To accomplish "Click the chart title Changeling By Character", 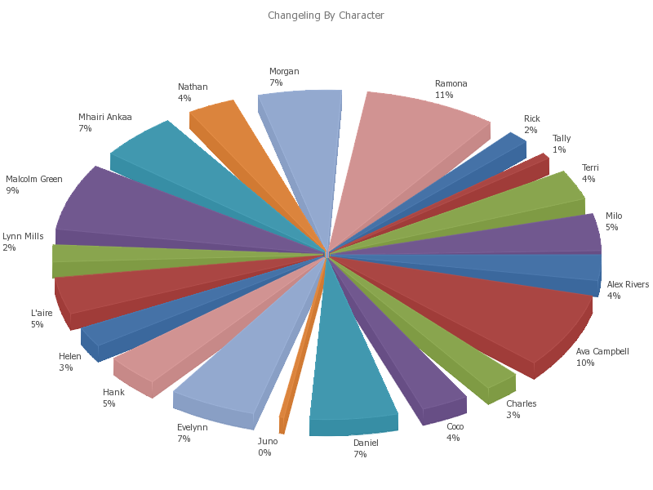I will click(326, 16).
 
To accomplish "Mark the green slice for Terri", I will click(531, 196).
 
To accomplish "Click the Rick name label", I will click(532, 119).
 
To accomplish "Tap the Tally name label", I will click(562, 139).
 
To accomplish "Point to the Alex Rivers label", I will click(628, 285).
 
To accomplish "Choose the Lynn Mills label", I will click(23, 237).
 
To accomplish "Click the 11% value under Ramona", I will click(444, 96).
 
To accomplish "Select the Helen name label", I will click(70, 357).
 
